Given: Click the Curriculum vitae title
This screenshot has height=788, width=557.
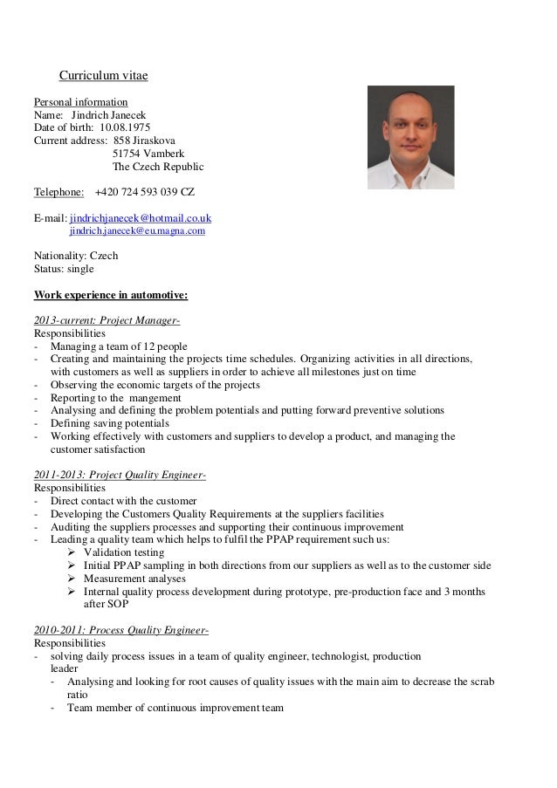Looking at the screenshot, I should pos(103,76).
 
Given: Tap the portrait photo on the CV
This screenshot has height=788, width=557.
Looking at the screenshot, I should pos(410,137).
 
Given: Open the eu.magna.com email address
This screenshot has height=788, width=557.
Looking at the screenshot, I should pos(137,231).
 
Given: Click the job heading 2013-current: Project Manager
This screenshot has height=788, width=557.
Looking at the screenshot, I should pos(107,320).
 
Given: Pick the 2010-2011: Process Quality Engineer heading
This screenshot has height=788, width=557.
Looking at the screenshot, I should pos(121,631).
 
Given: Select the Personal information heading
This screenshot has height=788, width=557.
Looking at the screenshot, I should pos(80,102).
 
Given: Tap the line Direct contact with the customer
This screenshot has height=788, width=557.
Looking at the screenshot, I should pos(123,501).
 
